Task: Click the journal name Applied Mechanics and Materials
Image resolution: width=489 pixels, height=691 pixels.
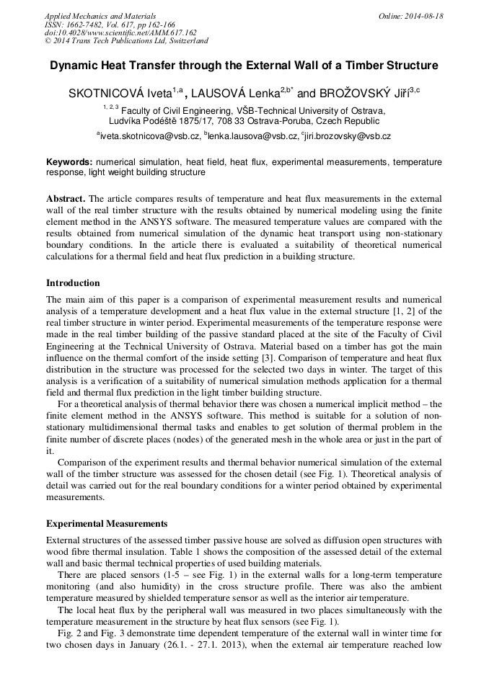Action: click(100, 16)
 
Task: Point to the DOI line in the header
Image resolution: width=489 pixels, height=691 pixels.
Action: click(120, 32)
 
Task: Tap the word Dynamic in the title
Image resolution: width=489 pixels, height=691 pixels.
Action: click(73, 66)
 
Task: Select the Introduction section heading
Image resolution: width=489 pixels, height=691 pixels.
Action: click(73, 283)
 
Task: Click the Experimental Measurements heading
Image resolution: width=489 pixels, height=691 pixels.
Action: click(107, 524)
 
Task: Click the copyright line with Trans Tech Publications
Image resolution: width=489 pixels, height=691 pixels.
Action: click(126, 41)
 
